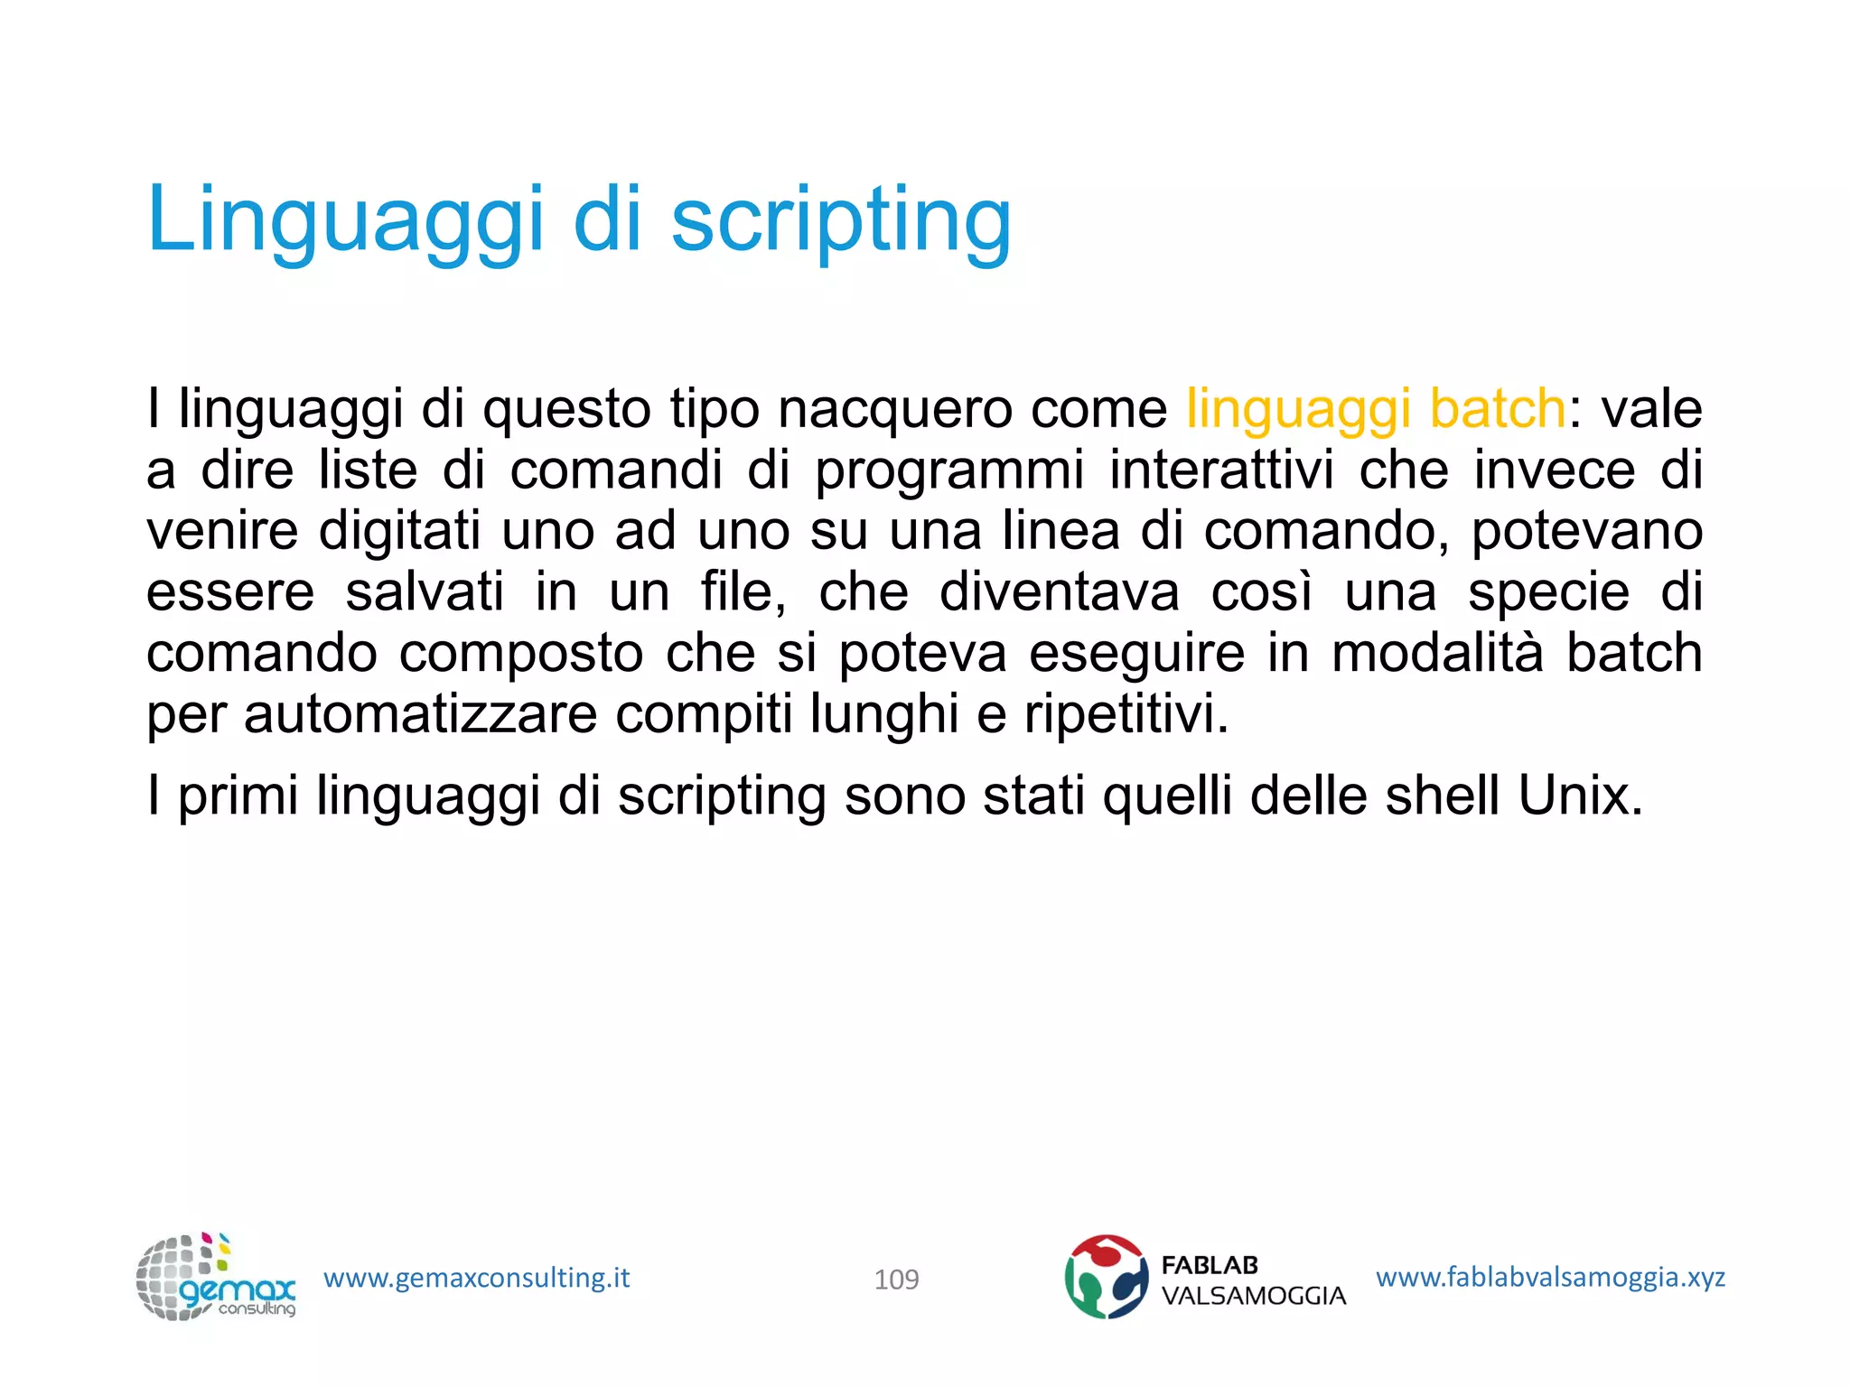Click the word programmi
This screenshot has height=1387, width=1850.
[x=948, y=471]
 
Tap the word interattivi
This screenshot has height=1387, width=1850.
[x=1221, y=470]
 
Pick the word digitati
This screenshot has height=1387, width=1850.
[x=399, y=531]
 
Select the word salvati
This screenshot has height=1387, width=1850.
[x=425, y=592]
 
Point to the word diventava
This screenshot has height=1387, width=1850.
[x=1059, y=592]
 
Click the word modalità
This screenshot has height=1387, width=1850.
[x=1436, y=653]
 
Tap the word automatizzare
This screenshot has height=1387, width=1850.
[x=420, y=714]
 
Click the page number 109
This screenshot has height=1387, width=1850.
[x=896, y=1280]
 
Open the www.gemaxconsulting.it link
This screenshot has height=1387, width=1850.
[x=476, y=1278]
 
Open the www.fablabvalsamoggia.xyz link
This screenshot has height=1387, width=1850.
[x=1549, y=1277]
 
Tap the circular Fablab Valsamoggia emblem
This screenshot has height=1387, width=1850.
[x=1106, y=1277]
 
